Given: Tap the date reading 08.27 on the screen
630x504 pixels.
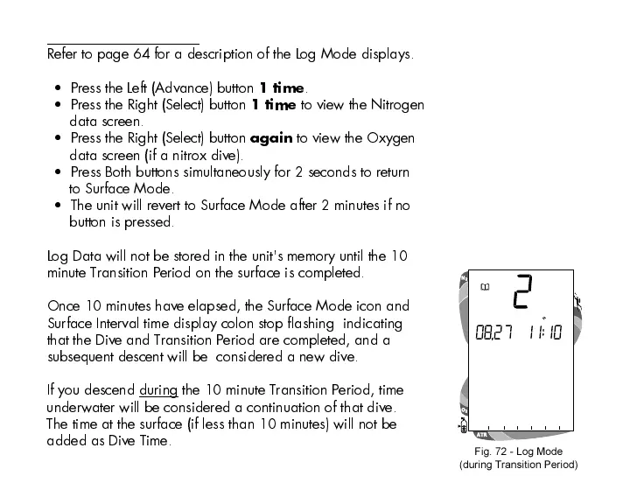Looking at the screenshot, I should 493,333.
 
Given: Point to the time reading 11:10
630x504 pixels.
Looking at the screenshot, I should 543,333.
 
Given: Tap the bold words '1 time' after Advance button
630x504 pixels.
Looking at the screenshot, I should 283,88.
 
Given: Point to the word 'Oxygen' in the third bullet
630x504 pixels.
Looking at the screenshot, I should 391,138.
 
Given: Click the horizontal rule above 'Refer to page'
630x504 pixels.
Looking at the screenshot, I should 122,43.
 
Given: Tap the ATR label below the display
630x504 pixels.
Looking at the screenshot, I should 481,435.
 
